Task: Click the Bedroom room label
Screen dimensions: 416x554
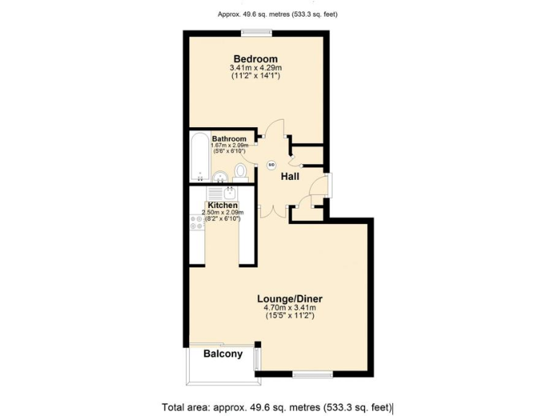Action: coord(255,58)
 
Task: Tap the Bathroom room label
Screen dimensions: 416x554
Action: coord(229,139)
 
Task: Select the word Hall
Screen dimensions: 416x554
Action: coord(290,177)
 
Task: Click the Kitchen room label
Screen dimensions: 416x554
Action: coord(223,205)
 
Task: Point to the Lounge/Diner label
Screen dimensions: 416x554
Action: coord(289,298)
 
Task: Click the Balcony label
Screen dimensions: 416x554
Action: coord(223,354)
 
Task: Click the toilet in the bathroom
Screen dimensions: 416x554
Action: coord(241,172)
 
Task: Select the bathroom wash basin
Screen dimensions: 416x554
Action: coord(221,175)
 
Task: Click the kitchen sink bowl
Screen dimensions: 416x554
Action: coord(229,193)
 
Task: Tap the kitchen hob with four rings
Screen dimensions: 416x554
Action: coord(197,222)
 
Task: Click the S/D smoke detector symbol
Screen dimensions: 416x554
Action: coord(272,165)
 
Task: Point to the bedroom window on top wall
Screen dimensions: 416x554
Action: coord(256,32)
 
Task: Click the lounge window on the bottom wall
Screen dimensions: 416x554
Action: coord(312,373)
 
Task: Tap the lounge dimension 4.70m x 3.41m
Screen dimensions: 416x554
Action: coord(289,308)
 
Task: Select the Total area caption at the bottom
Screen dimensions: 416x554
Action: coord(277,407)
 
